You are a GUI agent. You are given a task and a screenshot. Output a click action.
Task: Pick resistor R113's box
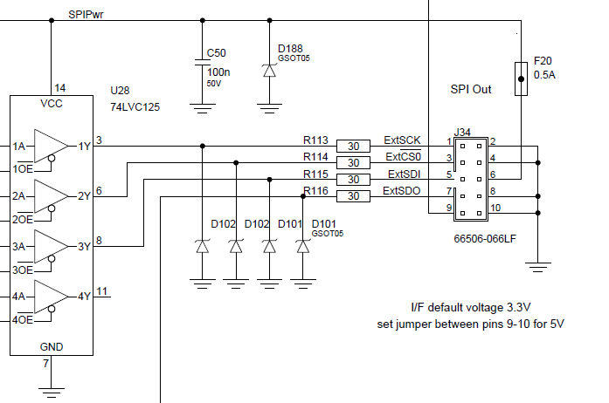[354, 146]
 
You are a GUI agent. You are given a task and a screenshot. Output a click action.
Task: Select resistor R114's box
[354, 162]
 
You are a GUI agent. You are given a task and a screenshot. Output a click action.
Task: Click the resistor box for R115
[354, 180]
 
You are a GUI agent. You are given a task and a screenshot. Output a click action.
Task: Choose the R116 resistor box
[354, 196]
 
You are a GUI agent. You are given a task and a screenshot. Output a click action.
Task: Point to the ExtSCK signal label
[403, 140]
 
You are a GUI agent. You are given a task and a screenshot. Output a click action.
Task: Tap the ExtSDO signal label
[403, 191]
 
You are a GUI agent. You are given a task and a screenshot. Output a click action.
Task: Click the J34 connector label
[463, 133]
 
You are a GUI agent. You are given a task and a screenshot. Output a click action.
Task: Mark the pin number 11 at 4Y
[102, 290]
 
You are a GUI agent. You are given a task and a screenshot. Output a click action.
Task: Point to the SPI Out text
[471, 89]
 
